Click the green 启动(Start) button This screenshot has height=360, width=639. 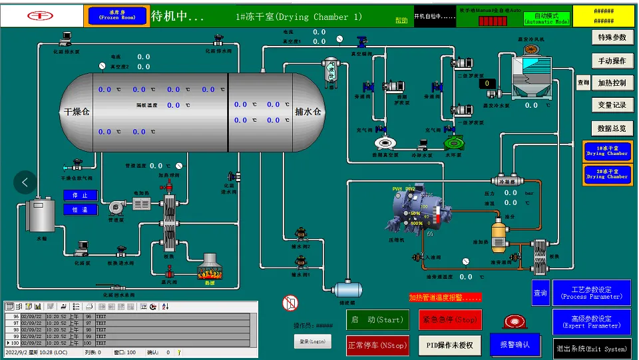pyautogui.click(x=377, y=319)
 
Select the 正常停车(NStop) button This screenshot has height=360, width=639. pyautogui.click(x=377, y=345)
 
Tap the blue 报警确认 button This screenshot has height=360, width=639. pyautogui.click(x=515, y=344)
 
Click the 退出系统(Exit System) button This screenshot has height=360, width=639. pyautogui.click(x=591, y=349)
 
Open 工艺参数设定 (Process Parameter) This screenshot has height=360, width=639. pyautogui.click(x=591, y=293)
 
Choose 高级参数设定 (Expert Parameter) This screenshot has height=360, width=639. pyautogui.click(x=591, y=321)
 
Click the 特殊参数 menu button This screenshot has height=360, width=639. pyautogui.click(x=611, y=38)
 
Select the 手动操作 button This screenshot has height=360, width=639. pyautogui.click(x=611, y=61)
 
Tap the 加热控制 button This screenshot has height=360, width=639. pyautogui.click(x=611, y=83)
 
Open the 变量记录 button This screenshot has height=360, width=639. pyautogui.click(x=611, y=105)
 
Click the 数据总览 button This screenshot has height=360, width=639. pyautogui.click(x=611, y=128)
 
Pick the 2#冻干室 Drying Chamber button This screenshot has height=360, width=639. pyautogui.click(x=606, y=174)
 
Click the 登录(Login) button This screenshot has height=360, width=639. pyautogui.click(x=312, y=341)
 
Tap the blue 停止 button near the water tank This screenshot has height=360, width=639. pyautogui.click(x=80, y=195)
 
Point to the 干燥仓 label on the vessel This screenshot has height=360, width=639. pyautogui.click(x=77, y=112)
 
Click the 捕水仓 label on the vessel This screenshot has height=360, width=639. pyautogui.click(x=308, y=112)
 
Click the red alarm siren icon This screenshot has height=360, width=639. pyautogui.click(x=515, y=323)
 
